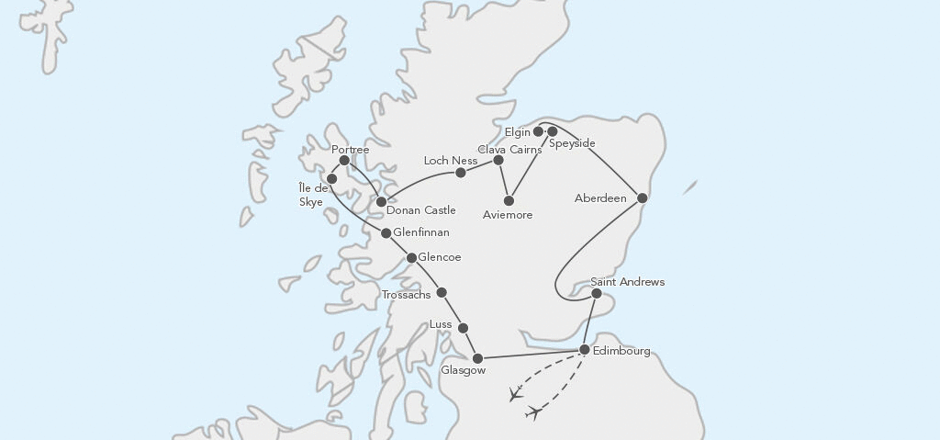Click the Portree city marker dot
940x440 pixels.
pos(344,161)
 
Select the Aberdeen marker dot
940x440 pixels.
pos(643,197)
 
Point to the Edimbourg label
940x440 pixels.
pos(622,351)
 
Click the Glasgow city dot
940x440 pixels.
pos(477,357)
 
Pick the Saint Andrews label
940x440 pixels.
pos(628,282)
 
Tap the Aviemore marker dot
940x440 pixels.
pos(509,200)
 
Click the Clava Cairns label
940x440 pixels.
pos(510,148)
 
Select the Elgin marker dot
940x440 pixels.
pos(539,131)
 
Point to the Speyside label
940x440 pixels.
pos(572,143)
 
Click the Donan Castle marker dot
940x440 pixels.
pos(381,201)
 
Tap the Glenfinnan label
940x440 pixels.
pos(421,233)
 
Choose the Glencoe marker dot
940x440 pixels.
pos(412,258)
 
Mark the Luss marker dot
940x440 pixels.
pos(463,328)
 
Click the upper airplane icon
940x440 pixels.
pos(515,395)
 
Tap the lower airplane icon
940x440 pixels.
pos(533,413)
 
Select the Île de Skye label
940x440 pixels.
pos(312,196)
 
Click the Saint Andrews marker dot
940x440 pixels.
pos(597,294)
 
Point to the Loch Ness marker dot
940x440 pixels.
pos(461,172)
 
